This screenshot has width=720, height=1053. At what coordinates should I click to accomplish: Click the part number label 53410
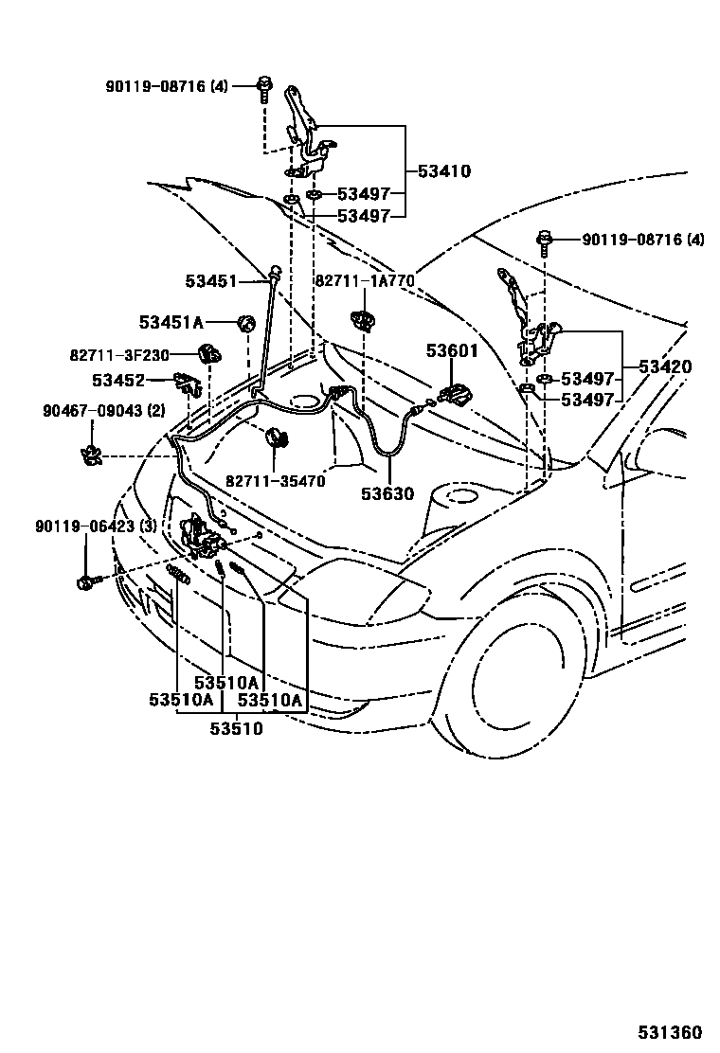444,171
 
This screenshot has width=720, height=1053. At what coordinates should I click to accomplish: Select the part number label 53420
664,366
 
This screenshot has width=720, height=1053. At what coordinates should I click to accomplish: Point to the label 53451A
171,323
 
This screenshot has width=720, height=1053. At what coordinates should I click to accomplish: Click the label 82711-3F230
118,355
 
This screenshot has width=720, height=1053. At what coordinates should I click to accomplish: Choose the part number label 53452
118,381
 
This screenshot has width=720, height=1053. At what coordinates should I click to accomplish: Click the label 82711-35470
275,481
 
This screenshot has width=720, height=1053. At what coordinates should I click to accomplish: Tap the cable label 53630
387,493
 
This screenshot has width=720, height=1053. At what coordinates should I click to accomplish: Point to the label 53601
452,350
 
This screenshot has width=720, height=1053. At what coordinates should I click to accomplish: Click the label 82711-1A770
365,281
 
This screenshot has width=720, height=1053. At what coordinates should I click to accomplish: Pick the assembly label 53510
236,728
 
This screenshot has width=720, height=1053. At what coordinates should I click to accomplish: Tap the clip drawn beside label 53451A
245,324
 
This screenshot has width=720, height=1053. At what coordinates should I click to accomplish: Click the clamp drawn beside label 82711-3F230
208,355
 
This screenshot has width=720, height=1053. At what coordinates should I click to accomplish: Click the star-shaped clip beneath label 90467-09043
92,455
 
